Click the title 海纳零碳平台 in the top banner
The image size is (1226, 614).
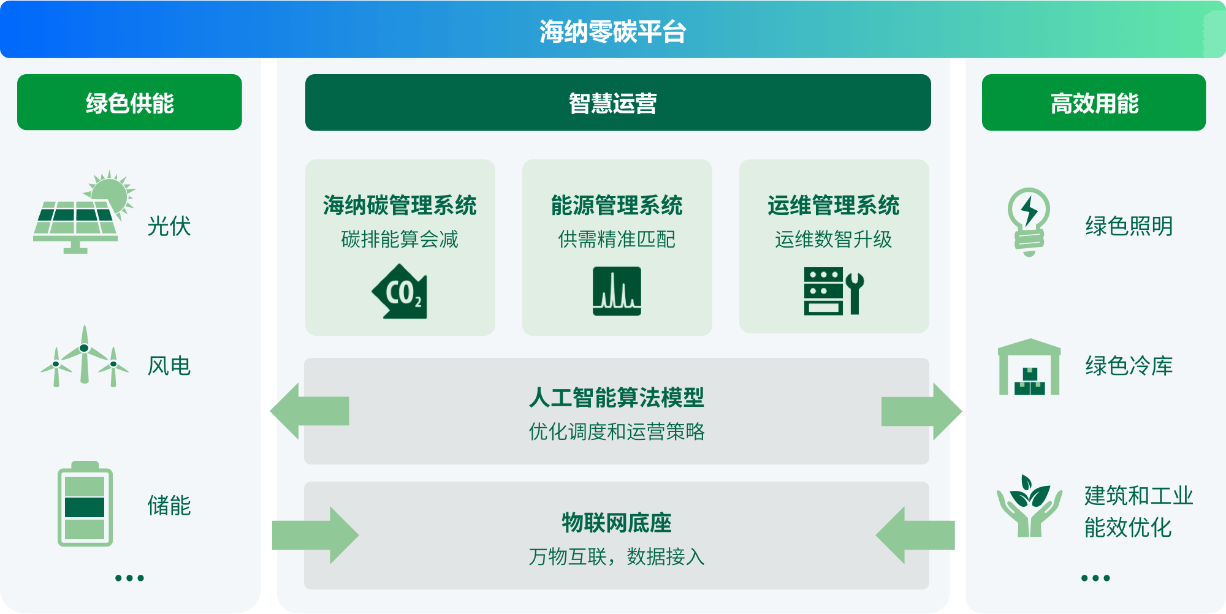[612, 31]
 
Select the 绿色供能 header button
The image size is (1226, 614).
[129, 102]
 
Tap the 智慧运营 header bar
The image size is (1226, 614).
[618, 102]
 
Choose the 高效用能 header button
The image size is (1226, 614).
[1094, 102]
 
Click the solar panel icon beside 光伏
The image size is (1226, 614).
[83, 213]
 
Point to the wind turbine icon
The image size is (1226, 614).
[85, 356]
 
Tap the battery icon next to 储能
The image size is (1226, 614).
[85, 503]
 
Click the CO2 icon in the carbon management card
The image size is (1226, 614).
[400, 292]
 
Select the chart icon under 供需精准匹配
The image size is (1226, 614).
[617, 291]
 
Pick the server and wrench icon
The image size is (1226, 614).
[834, 291]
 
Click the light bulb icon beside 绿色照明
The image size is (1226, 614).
[1029, 222]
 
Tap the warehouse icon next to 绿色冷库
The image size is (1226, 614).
[1029, 366]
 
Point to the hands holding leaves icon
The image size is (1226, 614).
[1029, 506]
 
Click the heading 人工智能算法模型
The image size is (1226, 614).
[617, 398]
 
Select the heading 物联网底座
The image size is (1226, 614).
[617, 523]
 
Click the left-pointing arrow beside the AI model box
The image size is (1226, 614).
[310, 411]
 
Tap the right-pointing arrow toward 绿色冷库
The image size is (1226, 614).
[921, 411]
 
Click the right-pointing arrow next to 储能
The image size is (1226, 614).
[315, 535]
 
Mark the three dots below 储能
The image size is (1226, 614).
[129, 578]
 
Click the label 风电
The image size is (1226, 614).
[169, 366]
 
